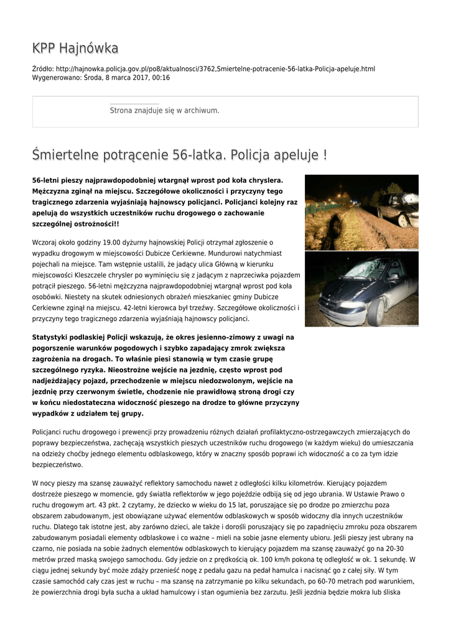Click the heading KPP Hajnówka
[75, 49]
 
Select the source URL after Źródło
[215, 69]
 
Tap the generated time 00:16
[160, 78]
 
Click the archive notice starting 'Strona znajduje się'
[164, 110]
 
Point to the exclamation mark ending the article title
[325, 154]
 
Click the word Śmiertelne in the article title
[70, 154]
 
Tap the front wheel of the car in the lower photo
[375, 311]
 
